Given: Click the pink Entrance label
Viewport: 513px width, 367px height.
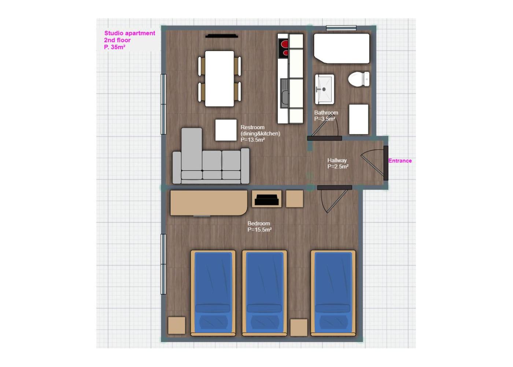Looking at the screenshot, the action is tap(400, 161).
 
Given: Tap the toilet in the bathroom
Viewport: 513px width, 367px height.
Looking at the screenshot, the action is tap(359, 79).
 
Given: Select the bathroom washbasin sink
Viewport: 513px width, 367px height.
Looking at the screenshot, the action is tap(324, 89).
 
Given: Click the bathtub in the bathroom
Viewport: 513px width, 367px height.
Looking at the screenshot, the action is tap(342, 48).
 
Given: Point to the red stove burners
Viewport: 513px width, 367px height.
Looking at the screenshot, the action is tap(283, 48).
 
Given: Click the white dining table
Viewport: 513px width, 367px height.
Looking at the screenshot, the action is tap(219, 79).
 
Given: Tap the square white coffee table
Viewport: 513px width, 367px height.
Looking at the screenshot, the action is tap(226, 130).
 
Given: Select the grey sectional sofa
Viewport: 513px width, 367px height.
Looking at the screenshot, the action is tap(211, 156).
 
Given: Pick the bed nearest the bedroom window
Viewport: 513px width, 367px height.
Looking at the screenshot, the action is tap(213, 293).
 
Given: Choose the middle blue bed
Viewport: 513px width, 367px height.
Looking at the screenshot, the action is tap(265, 293).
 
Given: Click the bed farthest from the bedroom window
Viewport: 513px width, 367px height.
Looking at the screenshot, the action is tap(333, 293).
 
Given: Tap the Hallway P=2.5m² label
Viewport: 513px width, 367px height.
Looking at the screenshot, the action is tap(338, 163).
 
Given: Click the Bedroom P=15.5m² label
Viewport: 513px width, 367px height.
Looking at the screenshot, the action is tap(259, 226).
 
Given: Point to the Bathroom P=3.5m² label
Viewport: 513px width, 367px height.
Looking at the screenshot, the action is tap(326, 116).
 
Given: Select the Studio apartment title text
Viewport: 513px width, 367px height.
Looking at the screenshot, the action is tap(130, 33).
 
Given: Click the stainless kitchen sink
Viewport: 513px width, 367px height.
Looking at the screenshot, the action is tap(285, 94).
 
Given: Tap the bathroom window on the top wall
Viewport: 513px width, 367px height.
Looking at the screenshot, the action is tap(341, 28).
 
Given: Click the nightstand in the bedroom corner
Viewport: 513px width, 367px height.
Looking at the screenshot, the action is tap(177, 325).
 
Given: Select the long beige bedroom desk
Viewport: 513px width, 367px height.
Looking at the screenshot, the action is tap(209, 203).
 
